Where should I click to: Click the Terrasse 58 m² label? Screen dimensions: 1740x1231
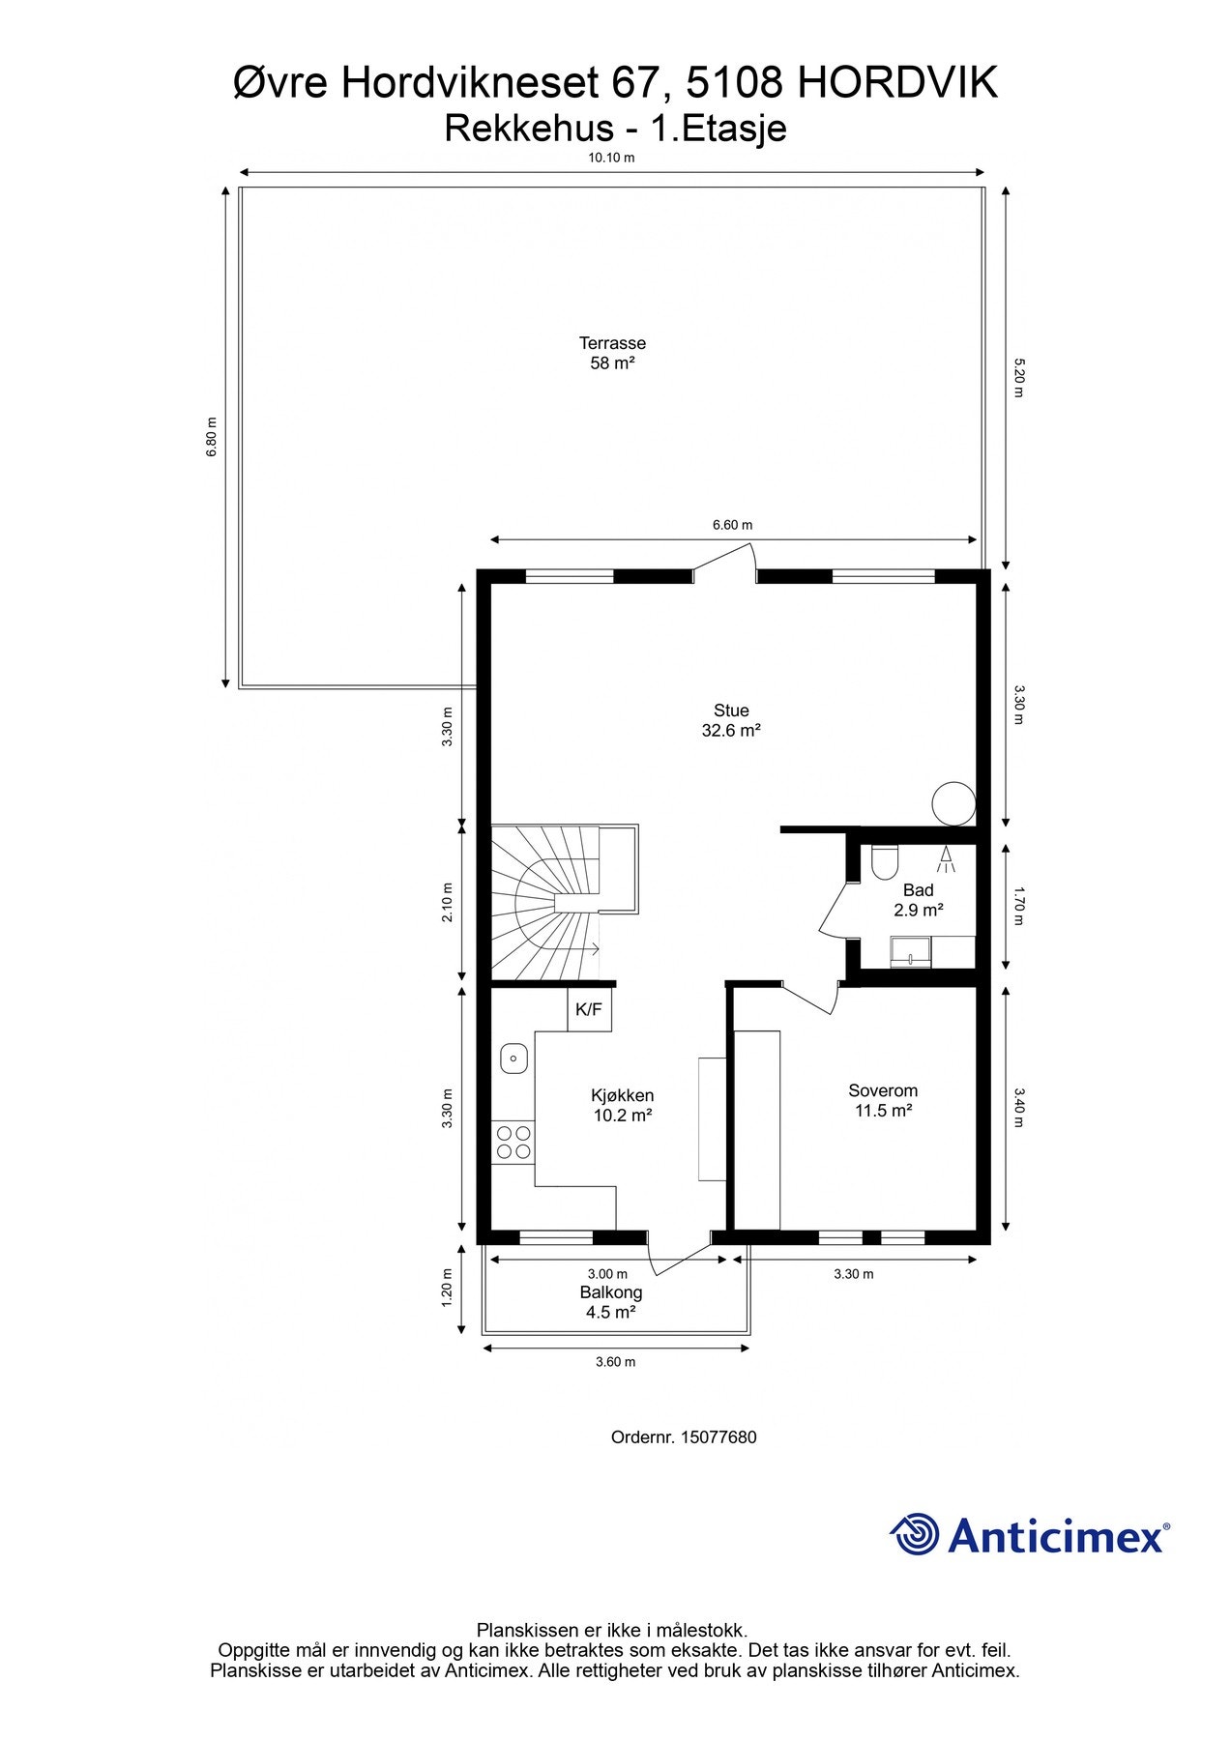[x=612, y=353]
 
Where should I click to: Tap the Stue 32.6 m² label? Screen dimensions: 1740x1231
[x=731, y=721]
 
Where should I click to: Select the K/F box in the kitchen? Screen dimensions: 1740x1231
[x=589, y=1010]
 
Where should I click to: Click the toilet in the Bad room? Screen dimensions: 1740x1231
[x=885, y=861]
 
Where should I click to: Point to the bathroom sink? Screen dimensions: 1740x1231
[x=910, y=951]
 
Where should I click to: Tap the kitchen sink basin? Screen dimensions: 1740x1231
[x=513, y=1059]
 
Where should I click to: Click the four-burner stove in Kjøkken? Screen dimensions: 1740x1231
[x=513, y=1142]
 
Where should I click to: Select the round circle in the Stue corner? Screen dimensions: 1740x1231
[x=953, y=802]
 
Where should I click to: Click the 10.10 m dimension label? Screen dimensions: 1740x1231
[x=611, y=158]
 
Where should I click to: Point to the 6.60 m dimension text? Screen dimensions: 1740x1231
[x=732, y=525]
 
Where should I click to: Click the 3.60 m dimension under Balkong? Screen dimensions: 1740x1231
[x=615, y=1362]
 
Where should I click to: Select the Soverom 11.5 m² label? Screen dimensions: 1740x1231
[x=883, y=1101]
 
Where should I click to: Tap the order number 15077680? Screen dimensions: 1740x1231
[x=718, y=1437]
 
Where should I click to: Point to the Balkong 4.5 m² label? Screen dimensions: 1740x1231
[x=610, y=1302]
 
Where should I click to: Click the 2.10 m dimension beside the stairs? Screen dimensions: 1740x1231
[x=447, y=902]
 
